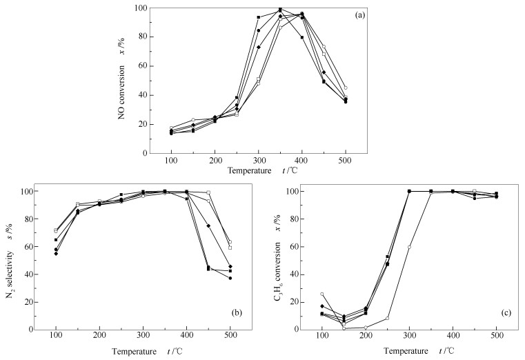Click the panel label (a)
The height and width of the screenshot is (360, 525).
coord(359,14)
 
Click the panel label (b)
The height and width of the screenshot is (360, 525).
coord(237,313)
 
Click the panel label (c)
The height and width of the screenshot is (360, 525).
coord(506,313)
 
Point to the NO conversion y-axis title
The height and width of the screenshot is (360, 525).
coord(121,79)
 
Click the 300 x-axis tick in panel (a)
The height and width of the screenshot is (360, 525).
coord(258,161)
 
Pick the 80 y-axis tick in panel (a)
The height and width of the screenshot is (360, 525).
coord(143,37)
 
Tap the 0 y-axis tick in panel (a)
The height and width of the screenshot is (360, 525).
coord(145,153)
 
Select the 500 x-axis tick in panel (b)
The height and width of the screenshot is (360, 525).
coord(230,336)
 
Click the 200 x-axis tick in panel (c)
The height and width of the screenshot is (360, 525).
coord(366,336)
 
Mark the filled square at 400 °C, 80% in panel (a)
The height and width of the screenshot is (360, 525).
coord(301,37)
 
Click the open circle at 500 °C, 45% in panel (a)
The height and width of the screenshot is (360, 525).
coord(346,88)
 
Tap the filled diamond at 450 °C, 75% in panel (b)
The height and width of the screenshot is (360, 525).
coord(208,226)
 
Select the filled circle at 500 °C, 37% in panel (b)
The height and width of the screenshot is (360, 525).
coord(230,278)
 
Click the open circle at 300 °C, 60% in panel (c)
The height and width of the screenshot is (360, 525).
coord(409,247)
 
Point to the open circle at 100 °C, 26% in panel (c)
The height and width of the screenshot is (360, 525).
coord(322,294)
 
